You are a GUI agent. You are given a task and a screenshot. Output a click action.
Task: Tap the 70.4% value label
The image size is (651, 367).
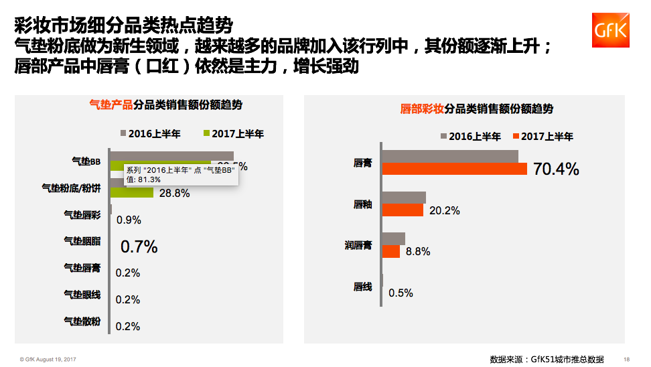coord(555,169)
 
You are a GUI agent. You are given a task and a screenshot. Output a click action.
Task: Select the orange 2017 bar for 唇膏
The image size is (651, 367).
coord(454,169)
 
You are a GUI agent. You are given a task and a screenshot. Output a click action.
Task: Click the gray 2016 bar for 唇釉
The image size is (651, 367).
coord(404,197)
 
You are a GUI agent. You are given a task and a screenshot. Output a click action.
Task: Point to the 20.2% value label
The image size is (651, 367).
coord(444,210)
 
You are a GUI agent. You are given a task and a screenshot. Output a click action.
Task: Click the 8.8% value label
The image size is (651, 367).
coord(417,252)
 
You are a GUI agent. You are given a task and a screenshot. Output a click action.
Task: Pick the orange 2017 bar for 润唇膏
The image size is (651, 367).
coord(391,251)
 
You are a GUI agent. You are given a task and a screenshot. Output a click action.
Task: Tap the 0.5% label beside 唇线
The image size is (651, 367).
coord(401,293)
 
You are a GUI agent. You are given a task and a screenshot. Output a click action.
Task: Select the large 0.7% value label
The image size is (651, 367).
coord(139,246)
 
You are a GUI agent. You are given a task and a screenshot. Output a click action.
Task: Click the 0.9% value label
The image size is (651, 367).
coord(129,220)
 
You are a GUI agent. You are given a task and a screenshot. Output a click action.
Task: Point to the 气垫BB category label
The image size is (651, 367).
coord(86,161)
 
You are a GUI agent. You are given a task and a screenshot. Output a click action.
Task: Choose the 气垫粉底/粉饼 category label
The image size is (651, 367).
coord(71,188)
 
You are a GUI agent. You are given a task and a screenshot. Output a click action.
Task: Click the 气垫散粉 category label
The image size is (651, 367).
coord(82,321)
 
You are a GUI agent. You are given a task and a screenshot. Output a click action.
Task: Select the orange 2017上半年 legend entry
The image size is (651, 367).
coord(542,137)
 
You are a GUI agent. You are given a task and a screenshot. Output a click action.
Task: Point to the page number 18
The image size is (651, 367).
coord(626,359)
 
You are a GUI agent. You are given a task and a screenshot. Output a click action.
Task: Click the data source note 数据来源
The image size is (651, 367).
coord(547,358)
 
